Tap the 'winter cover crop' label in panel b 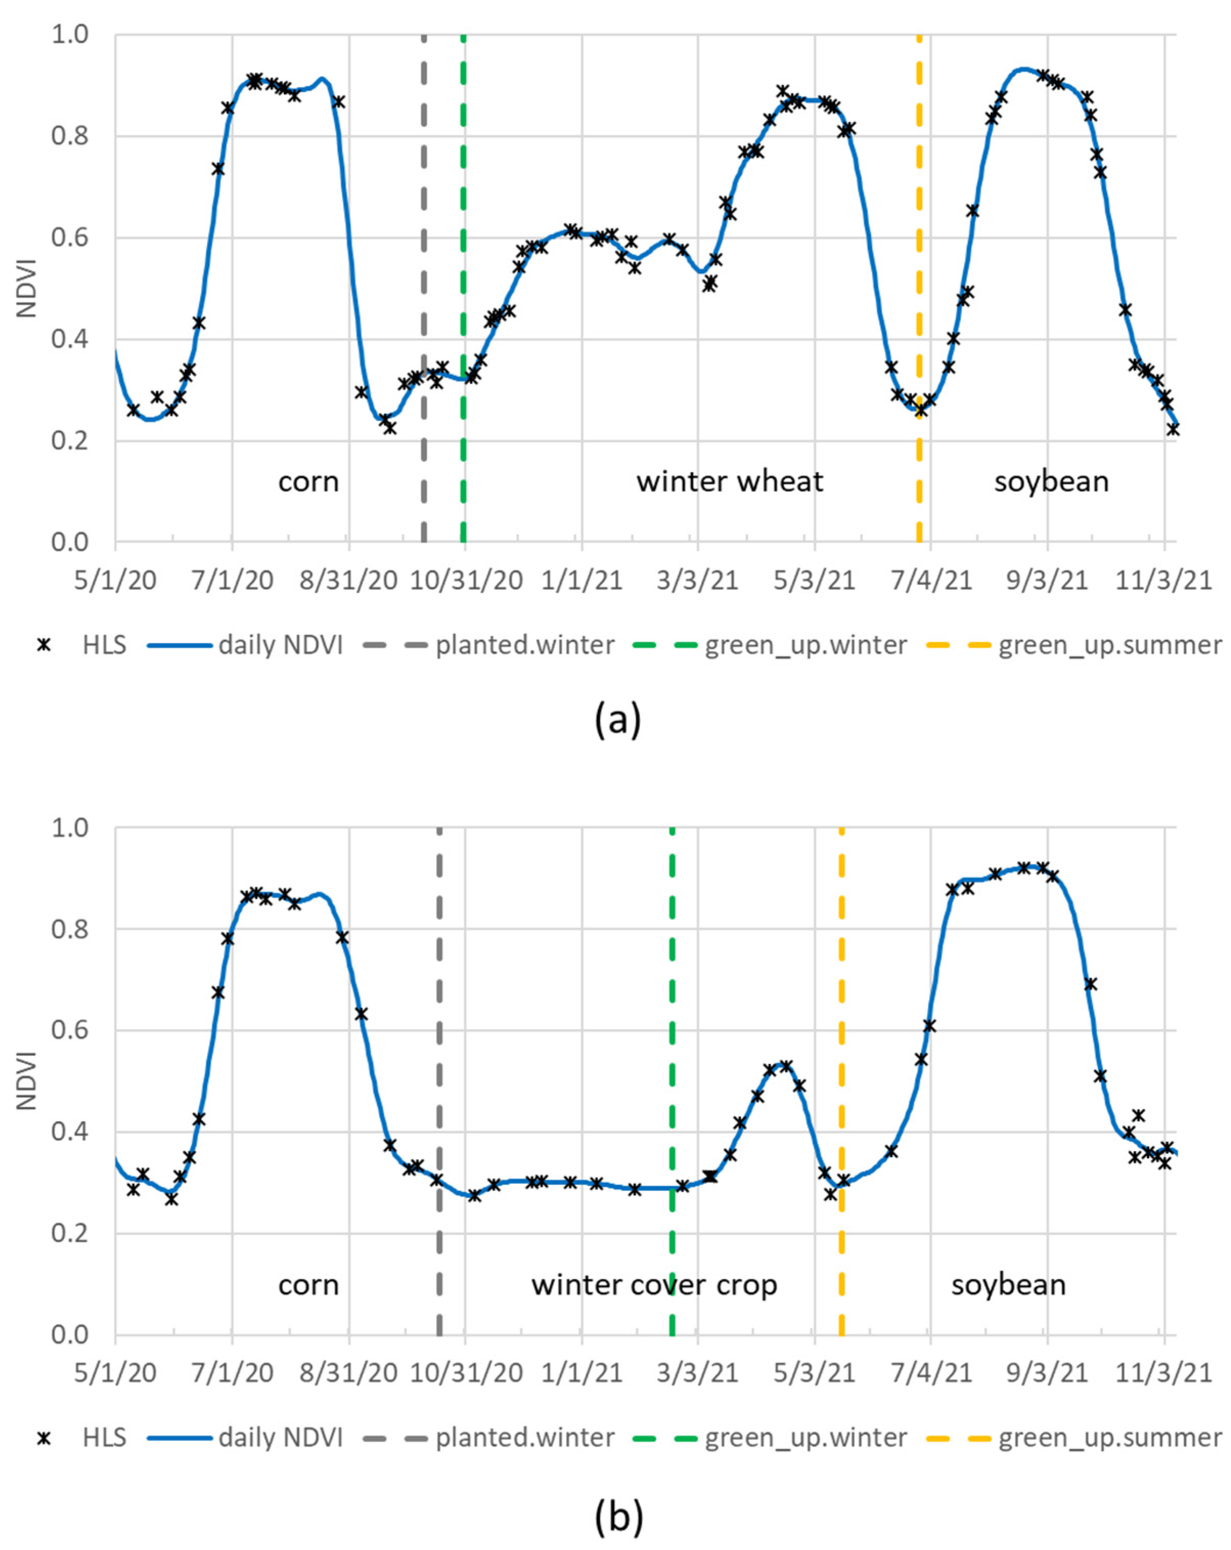click(654, 1284)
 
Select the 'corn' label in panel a click(308, 482)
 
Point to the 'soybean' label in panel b click(1008, 1284)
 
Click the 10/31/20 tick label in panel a click(466, 580)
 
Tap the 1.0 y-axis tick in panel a click(69, 34)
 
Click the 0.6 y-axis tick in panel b click(69, 1030)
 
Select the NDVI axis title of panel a click(27, 287)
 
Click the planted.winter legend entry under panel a click(525, 645)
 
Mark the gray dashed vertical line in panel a click(423, 287)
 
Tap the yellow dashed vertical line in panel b click(841, 1078)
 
